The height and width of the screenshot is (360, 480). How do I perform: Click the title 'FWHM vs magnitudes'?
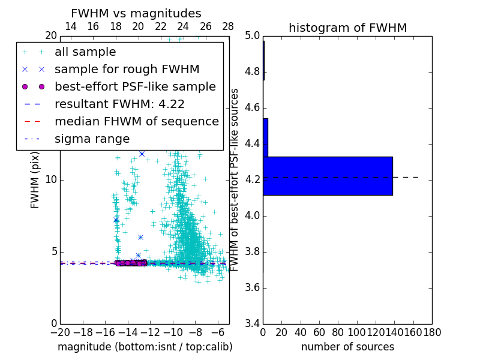[136, 13]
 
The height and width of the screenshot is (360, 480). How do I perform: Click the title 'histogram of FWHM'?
[347, 28]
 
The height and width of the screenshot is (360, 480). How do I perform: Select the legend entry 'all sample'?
[85, 52]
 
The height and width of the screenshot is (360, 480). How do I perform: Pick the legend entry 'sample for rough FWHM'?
[127, 70]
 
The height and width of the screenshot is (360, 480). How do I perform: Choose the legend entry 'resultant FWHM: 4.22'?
[119, 104]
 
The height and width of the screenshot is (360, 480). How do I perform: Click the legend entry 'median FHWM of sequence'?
[137, 122]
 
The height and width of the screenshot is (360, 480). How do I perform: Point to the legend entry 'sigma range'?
[92, 139]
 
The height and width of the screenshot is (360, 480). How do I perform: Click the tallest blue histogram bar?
[328, 176]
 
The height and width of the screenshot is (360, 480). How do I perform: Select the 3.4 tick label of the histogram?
[252, 323]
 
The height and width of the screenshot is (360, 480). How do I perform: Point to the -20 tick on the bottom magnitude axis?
[60, 332]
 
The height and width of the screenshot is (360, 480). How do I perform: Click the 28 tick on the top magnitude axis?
[228, 26]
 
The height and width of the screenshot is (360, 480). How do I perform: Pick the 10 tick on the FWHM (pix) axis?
[51, 180]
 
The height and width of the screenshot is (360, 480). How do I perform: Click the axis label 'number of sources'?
[347, 347]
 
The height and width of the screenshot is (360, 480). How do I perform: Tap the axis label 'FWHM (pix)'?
[35, 180]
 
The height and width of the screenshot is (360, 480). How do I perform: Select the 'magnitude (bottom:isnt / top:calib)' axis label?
[145, 347]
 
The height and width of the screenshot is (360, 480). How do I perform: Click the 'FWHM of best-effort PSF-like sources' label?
[235, 180]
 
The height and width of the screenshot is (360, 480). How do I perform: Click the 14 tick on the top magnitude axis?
[70, 26]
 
